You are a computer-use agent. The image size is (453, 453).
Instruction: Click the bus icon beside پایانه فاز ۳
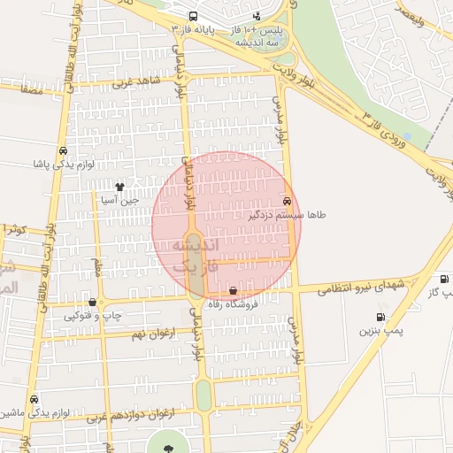pyautogui.click(x=194, y=17)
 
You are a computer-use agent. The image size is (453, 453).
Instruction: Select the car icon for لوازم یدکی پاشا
pyautogui.click(x=62, y=150)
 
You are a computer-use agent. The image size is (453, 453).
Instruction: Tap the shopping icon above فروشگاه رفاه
pyautogui.click(x=233, y=291)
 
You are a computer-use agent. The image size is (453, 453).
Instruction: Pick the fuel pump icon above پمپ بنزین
pyautogui.click(x=380, y=317)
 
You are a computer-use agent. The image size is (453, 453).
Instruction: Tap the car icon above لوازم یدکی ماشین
pyautogui.click(x=35, y=399)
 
